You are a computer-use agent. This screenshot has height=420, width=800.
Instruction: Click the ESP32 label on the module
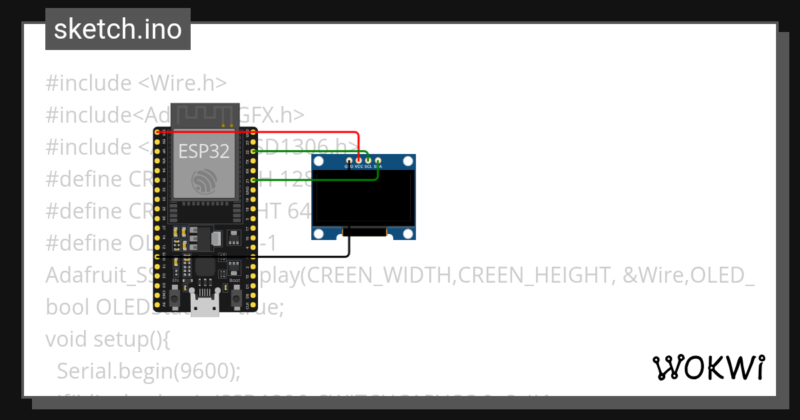pos(203,151)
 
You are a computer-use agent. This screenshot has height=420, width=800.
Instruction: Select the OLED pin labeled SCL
pos(368,160)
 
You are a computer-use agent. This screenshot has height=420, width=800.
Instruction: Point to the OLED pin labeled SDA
pos(377,160)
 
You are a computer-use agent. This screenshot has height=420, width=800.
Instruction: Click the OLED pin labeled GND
pos(349,160)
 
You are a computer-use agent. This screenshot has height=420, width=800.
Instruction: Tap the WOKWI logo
pos(708,367)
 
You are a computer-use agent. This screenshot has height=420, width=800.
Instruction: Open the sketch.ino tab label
pos(118,29)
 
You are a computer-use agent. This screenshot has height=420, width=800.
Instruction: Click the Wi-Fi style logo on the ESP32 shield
pos(203,181)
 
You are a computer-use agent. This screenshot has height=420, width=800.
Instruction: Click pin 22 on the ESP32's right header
pos(252,152)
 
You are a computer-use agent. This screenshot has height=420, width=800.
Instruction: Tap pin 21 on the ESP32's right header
pos(252,180)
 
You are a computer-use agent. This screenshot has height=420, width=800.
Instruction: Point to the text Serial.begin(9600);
pos(149,371)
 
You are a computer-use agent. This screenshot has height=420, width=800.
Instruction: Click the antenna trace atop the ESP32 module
pos(205,115)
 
